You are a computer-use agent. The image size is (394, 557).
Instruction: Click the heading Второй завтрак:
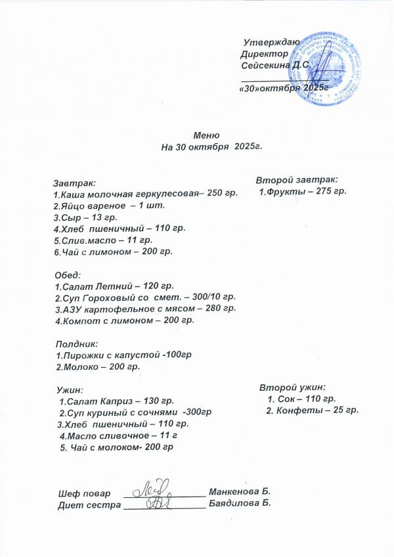click(x=297, y=179)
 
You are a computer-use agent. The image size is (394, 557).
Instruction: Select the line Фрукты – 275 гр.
click(x=302, y=192)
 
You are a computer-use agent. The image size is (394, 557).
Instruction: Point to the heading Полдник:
click(x=75, y=343)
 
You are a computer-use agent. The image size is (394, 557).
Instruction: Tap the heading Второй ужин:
click(x=293, y=387)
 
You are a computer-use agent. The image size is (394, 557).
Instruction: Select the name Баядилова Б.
click(x=240, y=504)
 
